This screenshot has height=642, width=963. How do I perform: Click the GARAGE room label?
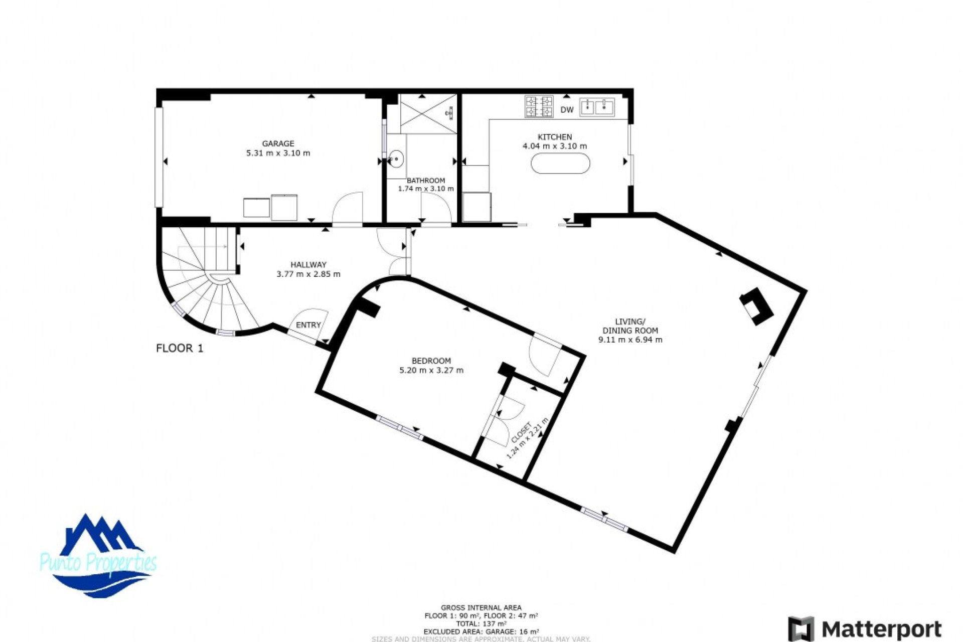[x=278, y=143]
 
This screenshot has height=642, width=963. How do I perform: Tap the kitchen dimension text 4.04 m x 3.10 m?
[x=554, y=146]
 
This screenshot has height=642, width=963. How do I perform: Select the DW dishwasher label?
[x=567, y=110]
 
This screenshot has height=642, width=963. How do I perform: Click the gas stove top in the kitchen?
[x=539, y=106]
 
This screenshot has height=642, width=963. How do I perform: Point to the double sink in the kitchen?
[x=597, y=107]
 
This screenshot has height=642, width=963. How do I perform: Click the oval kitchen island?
[x=560, y=164]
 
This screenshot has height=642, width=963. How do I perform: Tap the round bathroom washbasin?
[x=396, y=158]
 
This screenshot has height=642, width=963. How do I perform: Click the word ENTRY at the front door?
[x=308, y=325]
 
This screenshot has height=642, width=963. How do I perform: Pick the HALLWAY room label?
[x=308, y=264]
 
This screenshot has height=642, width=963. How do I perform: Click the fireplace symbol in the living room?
[x=757, y=306]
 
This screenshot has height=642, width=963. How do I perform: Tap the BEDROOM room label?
[x=431, y=361]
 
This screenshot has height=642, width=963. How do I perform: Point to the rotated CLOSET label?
[x=522, y=433]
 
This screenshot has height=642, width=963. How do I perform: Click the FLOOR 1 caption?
[x=180, y=348]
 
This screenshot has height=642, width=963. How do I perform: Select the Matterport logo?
[x=865, y=628]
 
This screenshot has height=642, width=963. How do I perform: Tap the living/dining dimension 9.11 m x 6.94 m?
[x=630, y=340]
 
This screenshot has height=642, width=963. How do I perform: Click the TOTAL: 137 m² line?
[x=480, y=623]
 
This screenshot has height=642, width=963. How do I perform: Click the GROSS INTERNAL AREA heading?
[x=480, y=607]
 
